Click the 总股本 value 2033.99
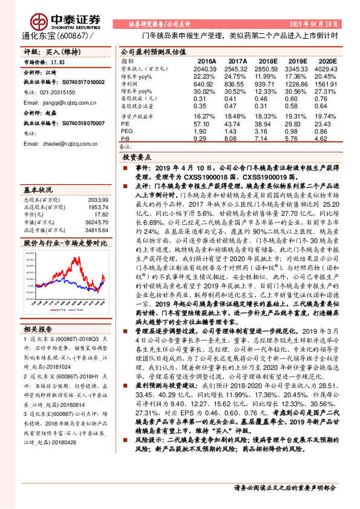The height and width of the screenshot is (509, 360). pos(97,199)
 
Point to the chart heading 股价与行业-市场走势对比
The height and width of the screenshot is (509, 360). pos(65,242)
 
